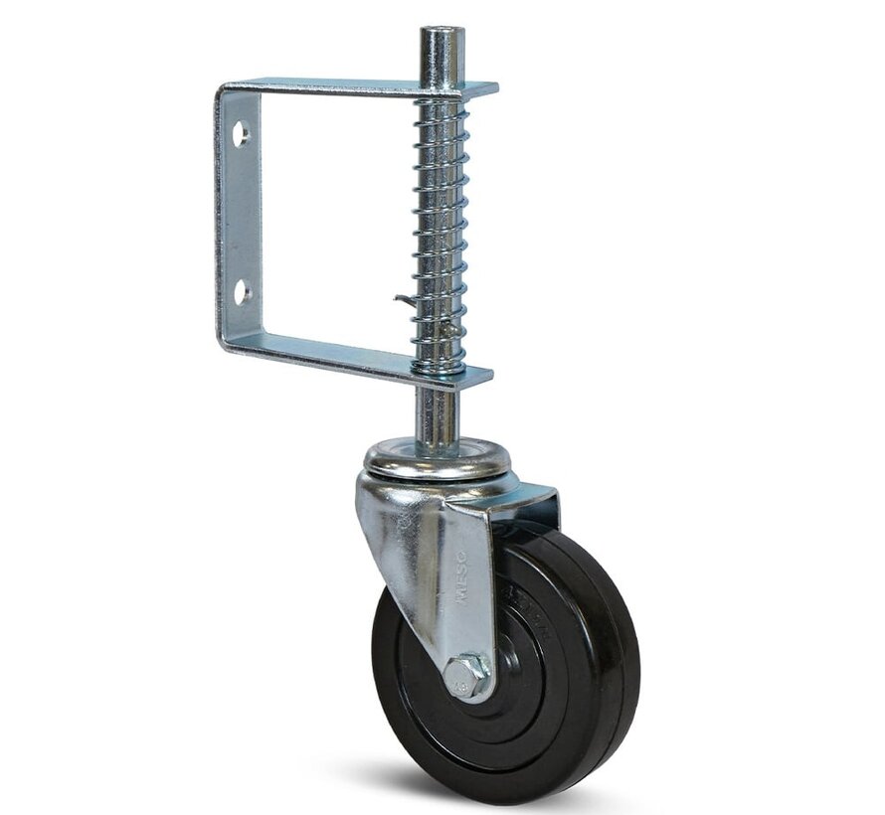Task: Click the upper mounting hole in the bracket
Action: point(241,133)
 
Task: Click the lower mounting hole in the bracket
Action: point(241,291)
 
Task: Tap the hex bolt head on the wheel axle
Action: point(466,676)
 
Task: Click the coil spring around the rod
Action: point(441,229)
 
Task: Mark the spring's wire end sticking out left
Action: point(400,299)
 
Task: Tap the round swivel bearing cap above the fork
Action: point(438,459)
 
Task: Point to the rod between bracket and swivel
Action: point(438,412)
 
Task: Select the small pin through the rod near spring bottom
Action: point(450,327)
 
